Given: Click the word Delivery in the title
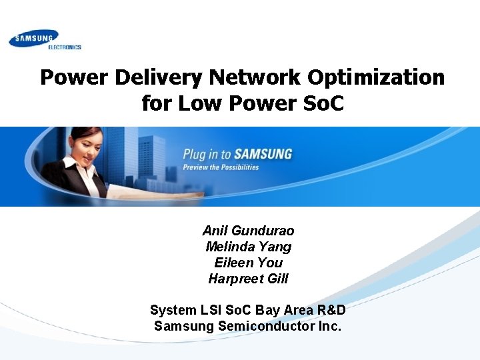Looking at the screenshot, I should [159, 78].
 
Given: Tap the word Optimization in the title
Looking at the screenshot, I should [376, 78].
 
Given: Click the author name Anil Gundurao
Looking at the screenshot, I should [248, 231].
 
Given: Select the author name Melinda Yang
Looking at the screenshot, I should [248, 247].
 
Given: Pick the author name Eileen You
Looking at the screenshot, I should [248, 263].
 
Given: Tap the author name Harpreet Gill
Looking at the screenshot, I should [248, 279].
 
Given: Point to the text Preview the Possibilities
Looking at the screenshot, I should [221, 167].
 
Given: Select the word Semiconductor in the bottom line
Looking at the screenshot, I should [263, 326].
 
